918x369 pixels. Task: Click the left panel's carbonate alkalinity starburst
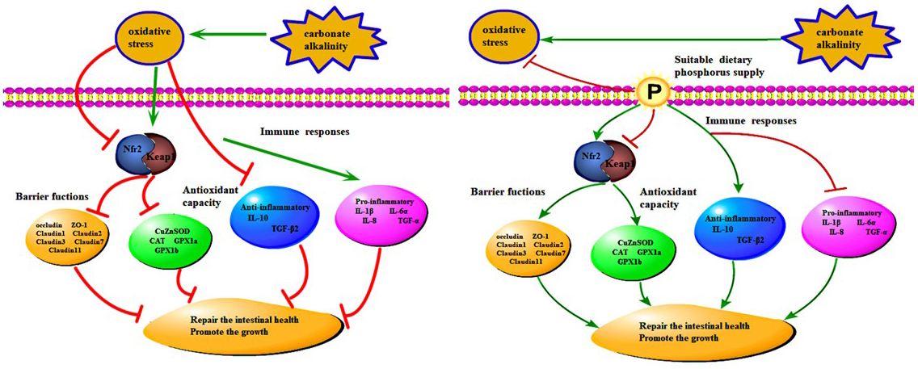pyautogui.click(x=324, y=33)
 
